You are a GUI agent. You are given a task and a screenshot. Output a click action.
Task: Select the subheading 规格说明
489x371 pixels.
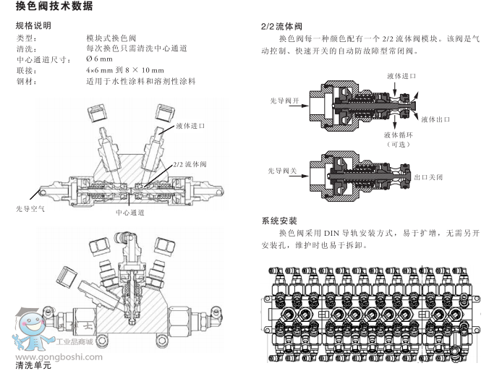[33, 25]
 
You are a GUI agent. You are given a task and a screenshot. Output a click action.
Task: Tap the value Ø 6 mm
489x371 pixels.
[99, 59]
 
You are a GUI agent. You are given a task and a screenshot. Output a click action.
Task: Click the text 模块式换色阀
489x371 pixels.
[111, 37]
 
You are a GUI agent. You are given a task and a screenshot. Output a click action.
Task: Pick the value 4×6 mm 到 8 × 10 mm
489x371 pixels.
[126, 70]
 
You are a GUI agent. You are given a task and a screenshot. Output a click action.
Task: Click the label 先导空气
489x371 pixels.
[30, 208]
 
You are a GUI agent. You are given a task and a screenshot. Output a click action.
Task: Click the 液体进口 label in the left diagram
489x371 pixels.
[190, 125]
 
